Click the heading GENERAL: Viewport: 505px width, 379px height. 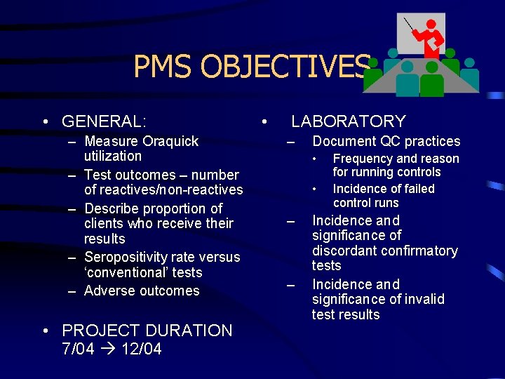[x=105, y=121]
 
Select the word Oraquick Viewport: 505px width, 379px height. [x=170, y=141]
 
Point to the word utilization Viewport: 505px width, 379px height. [x=112, y=156]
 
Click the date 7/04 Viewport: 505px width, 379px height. [x=78, y=349]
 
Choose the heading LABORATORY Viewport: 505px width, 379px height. [x=349, y=121]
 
